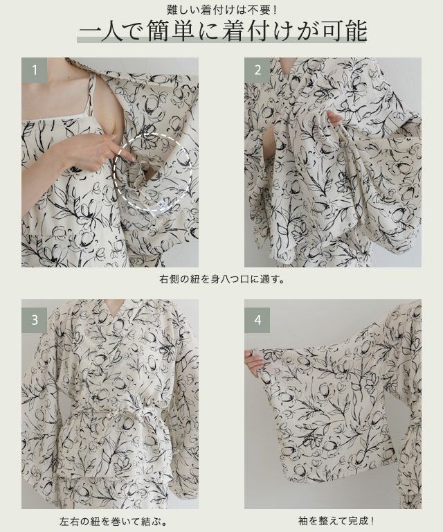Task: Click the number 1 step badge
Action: pos(34,70)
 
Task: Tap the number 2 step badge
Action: pos(257,70)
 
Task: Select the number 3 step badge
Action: pos(34,320)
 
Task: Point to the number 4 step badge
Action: pos(257,320)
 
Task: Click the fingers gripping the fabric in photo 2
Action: pos(332,118)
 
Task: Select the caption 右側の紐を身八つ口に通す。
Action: pos(221,280)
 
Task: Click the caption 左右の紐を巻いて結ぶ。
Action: pos(114,521)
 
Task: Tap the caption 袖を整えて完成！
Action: pos(336,520)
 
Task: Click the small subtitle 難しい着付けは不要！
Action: pos(221,10)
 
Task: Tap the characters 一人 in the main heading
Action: pos(101,31)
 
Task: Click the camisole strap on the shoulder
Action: pos(91,95)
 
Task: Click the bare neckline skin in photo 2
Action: pos(287,66)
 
